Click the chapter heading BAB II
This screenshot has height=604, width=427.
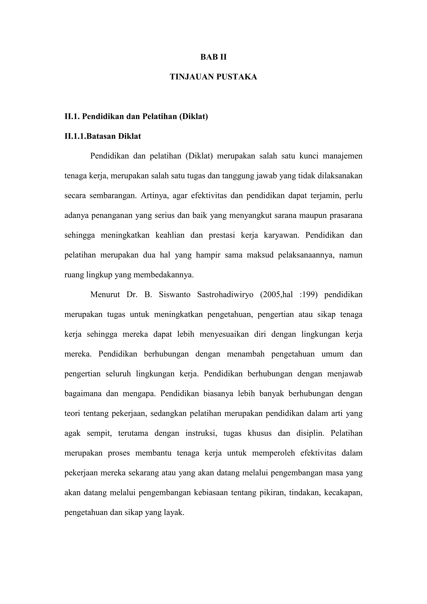(213, 57)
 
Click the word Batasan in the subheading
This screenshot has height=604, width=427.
(101, 136)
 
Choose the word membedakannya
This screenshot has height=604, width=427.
(163, 275)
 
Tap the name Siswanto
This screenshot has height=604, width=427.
(175, 295)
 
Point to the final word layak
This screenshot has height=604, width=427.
(174, 512)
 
